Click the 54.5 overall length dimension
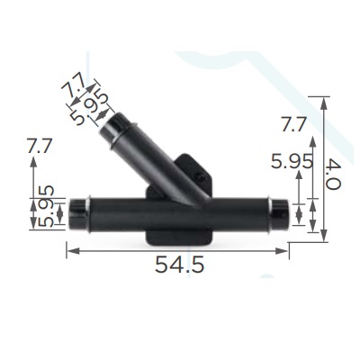click(179, 265)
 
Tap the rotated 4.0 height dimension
click(333, 175)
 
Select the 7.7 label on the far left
click(40, 146)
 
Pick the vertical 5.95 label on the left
click(46, 206)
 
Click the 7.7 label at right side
click(293, 124)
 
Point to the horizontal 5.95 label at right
click(292, 162)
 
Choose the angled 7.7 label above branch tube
click(74, 85)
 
